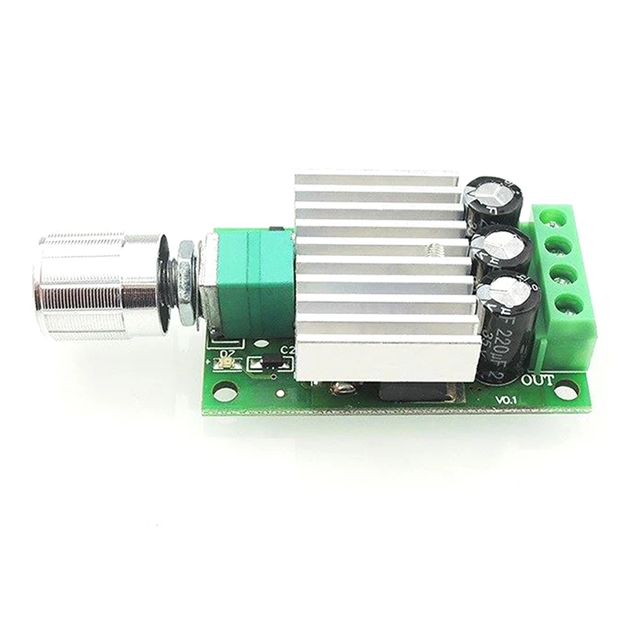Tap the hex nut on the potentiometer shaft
pos(185,283)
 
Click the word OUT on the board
pos(539,381)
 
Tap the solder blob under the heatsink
pos(341,386)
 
